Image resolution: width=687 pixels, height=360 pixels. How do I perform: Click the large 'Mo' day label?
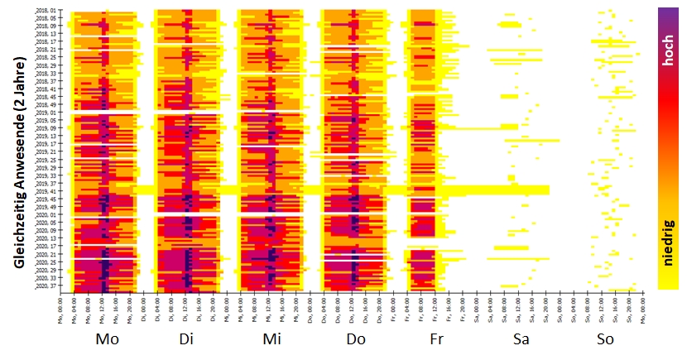click(108, 339)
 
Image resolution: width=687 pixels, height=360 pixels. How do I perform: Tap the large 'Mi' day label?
click(272, 339)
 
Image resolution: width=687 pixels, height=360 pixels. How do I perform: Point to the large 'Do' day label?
click(355, 339)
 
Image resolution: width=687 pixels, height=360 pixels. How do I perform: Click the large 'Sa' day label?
click(521, 339)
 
